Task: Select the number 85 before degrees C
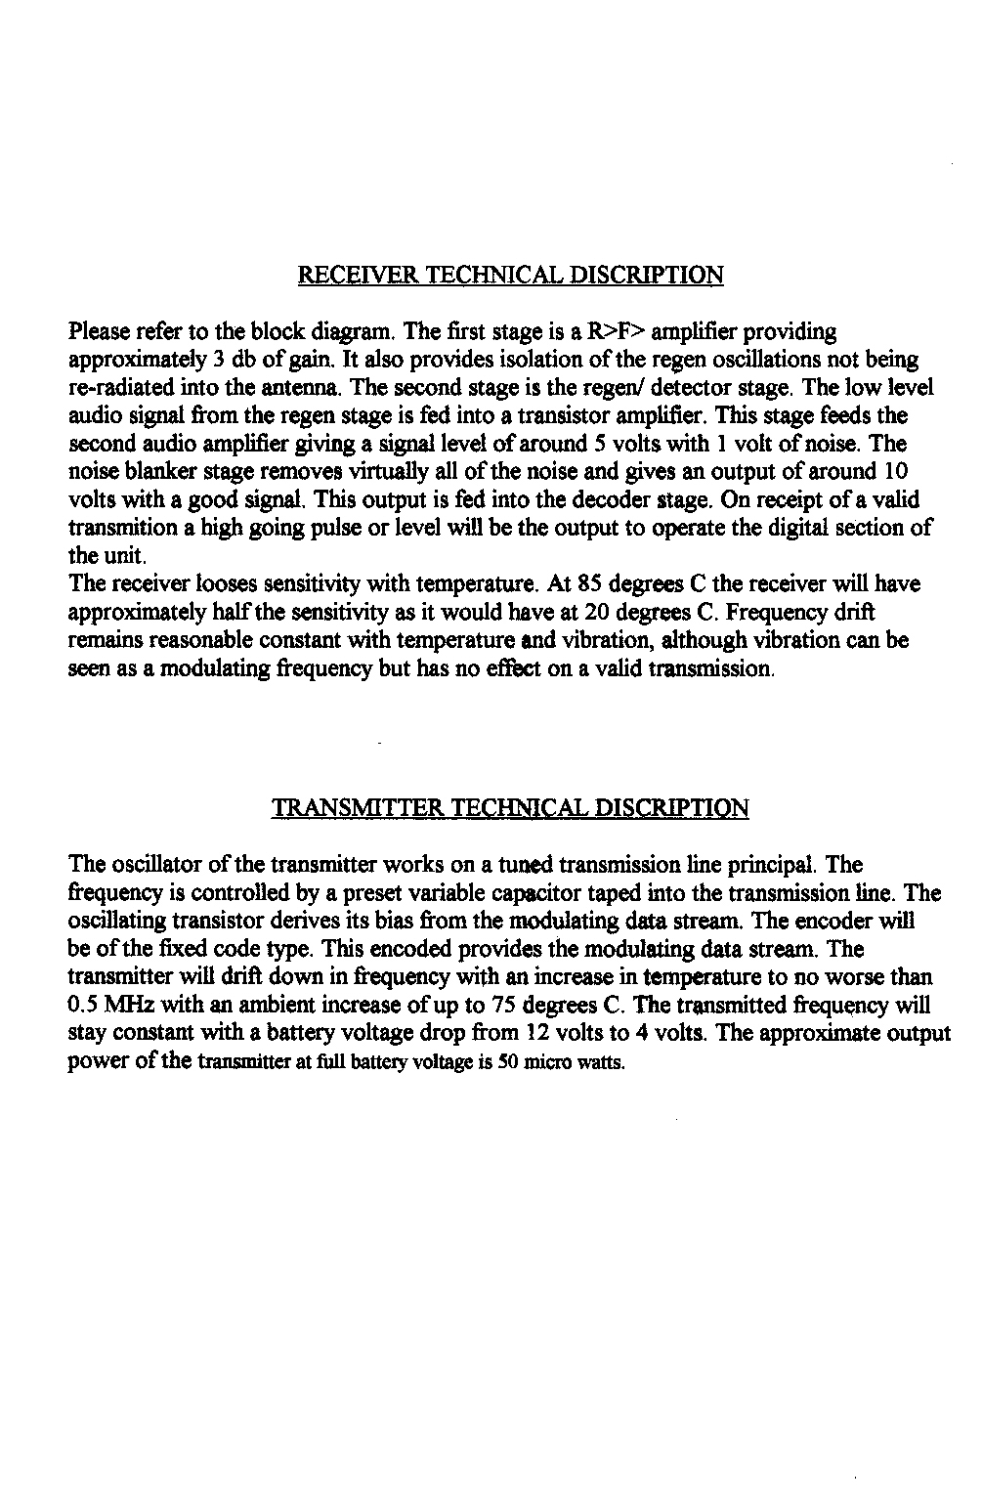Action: (x=589, y=584)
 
